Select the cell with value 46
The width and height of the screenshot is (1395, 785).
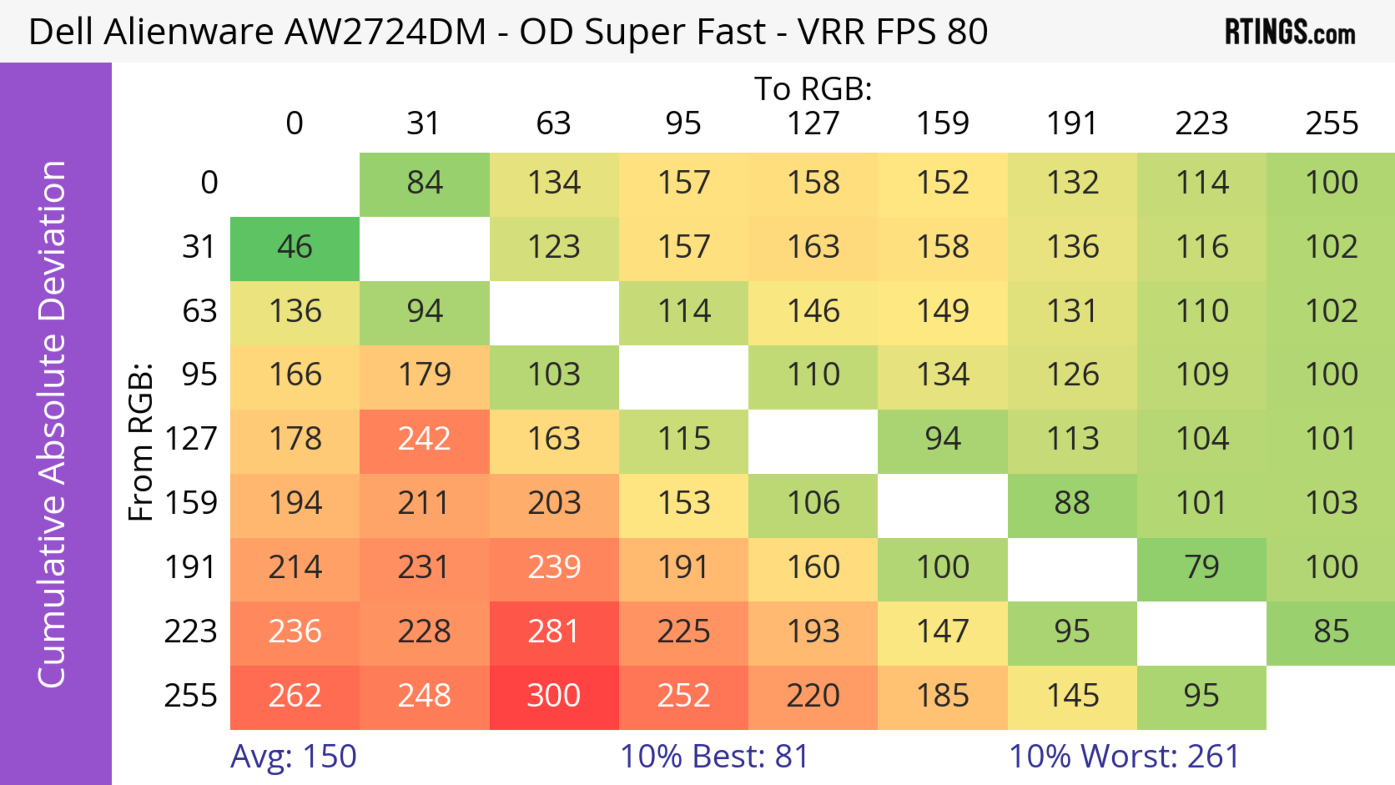click(295, 247)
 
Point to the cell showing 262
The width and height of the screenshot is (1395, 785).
click(295, 696)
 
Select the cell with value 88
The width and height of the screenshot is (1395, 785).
click(1072, 503)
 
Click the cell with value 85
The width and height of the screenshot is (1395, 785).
click(1331, 632)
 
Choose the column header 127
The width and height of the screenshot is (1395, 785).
click(813, 124)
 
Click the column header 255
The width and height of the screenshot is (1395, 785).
click(1331, 124)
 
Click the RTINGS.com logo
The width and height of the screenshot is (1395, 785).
click(1290, 32)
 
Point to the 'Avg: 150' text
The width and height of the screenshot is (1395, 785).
click(293, 756)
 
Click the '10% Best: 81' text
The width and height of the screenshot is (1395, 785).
click(714, 756)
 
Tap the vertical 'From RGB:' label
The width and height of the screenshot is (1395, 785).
click(141, 441)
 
